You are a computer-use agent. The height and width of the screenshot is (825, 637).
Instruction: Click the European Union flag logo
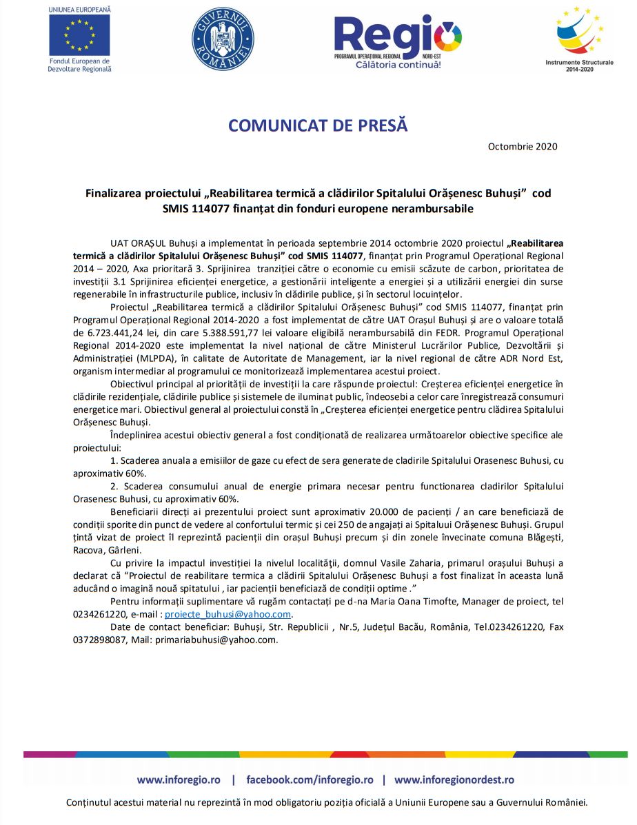79,34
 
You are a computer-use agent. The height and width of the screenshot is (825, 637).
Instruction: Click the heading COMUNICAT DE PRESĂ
318,125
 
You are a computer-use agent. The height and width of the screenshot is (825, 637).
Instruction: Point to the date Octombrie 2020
523,146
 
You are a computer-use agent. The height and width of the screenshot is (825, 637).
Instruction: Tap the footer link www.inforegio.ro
179,780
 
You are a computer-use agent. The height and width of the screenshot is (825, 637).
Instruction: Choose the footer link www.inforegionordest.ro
454,780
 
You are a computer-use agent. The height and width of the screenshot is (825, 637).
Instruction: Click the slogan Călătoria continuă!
398,64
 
